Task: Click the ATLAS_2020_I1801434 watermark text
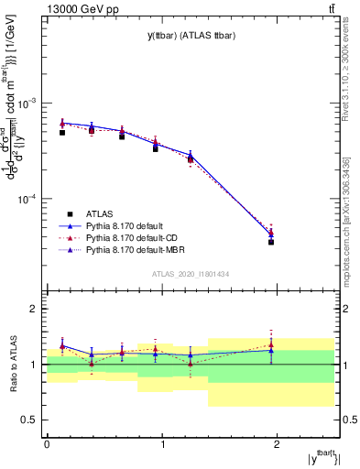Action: (191, 274)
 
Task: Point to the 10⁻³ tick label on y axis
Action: (30, 103)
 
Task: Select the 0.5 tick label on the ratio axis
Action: (31, 420)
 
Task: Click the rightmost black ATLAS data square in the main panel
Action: (271, 242)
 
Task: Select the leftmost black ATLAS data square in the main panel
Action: (61, 133)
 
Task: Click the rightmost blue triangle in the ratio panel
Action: (271, 350)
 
